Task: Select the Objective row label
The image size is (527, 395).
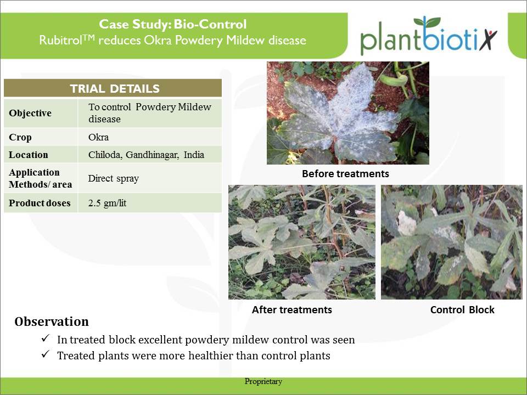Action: (x=30, y=113)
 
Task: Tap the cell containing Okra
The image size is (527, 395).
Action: (x=150, y=137)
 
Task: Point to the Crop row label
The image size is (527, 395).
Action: (x=20, y=137)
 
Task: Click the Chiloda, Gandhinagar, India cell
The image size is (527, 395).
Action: (x=150, y=155)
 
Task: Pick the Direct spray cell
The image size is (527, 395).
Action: (x=150, y=178)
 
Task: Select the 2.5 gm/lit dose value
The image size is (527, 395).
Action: (x=107, y=203)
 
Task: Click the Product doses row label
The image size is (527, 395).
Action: (x=40, y=203)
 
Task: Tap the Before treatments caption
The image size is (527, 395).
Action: (x=345, y=174)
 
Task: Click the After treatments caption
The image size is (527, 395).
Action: (x=292, y=309)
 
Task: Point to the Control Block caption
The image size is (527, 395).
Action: (x=462, y=309)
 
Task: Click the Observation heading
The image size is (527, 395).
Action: (x=52, y=321)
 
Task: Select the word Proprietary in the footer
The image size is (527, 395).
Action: (x=263, y=382)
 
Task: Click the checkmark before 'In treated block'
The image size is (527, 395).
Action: (x=46, y=338)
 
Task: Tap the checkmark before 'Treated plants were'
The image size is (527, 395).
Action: (x=46, y=354)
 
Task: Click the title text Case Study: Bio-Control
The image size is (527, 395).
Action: (x=173, y=24)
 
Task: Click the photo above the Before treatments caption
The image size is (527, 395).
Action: (x=348, y=113)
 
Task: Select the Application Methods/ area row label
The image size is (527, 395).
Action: (x=40, y=178)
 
